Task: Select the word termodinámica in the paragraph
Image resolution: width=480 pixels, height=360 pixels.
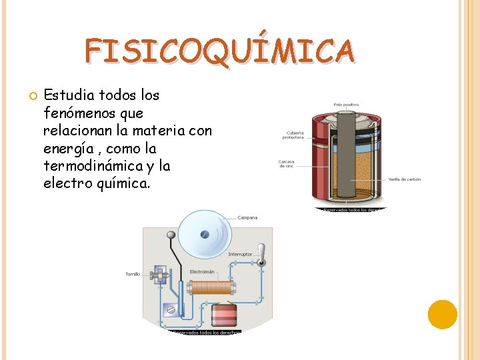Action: (97, 165)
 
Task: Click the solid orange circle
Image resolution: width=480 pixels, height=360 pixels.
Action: (442, 314)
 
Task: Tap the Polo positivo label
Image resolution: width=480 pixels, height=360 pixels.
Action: (347, 104)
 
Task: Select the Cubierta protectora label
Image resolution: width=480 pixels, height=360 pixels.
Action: (293, 135)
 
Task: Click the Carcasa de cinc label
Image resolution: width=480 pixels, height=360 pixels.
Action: (287, 164)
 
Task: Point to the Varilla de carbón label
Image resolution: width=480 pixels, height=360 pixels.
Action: (405, 179)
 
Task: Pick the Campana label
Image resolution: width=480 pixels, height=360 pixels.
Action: (247, 218)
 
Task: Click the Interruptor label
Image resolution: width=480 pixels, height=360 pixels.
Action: (241, 254)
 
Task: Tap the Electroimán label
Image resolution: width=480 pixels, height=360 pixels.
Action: (202, 271)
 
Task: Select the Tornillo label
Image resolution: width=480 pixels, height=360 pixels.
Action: (133, 274)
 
